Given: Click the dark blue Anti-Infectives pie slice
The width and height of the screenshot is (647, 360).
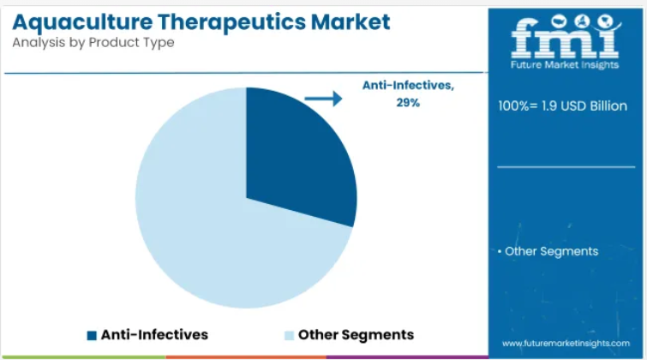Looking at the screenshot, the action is [x=297, y=157].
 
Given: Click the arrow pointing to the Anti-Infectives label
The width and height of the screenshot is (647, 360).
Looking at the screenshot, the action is [x=324, y=99].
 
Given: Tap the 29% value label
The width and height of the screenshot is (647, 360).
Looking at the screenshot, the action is [x=408, y=103].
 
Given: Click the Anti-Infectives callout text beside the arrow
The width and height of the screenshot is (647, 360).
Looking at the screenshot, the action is [x=408, y=86].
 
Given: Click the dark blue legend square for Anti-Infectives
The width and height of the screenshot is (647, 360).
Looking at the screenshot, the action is [x=92, y=335].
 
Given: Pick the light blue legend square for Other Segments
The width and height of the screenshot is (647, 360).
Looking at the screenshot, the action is [x=290, y=335].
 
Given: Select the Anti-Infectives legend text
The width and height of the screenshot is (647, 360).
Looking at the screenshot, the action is [x=154, y=335].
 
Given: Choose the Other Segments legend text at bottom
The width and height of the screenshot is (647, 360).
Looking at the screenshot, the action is [x=356, y=335].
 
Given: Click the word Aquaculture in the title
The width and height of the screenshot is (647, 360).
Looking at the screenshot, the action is [x=82, y=22].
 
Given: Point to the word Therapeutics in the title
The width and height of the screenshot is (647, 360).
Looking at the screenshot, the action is [x=231, y=22].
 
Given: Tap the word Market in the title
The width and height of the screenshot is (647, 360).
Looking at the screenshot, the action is [x=350, y=22].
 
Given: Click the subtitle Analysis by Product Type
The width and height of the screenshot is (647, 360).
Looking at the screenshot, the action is [x=93, y=43].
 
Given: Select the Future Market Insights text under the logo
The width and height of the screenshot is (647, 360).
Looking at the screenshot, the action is [x=565, y=65].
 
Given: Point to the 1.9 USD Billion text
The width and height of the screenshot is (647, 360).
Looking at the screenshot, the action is [x=584, y=106].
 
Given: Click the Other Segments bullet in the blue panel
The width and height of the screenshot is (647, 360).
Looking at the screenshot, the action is [x=548, y=251].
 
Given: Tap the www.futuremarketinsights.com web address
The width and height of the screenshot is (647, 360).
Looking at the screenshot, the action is [x=566, y=344].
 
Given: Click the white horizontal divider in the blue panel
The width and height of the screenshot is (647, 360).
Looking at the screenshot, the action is [x=566, y=167].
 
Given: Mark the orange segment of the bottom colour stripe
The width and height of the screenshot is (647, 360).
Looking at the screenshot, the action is [x=246, y=357].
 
